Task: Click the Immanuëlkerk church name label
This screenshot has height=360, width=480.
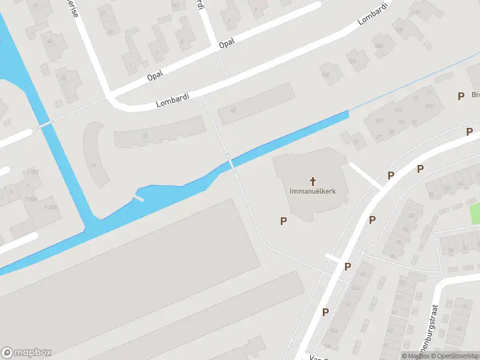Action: pyautogui.click(x=313, y=191)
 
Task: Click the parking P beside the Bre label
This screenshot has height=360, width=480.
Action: pyautogui.click(x=461, y=95)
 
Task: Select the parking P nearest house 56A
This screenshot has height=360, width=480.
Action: pyautogui.click(x=325, y=311)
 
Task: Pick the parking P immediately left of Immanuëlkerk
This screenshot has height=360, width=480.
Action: pyautogui.click(x=283, y=221)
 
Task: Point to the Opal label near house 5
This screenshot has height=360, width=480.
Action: pyautogui.click(x=226, y=43)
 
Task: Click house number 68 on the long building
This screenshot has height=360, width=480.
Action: pyautogui.click(x=233, y=110)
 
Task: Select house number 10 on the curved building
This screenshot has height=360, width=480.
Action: pyautogui.click(x=93, y=165)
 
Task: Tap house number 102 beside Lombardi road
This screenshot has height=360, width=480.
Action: pyautogui.click(x=326, y=75)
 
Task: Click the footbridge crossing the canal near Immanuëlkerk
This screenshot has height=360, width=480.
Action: pyautogui.click(x=230, y=164)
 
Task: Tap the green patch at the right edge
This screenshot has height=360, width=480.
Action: pyautogui.click(x=475, y=214)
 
